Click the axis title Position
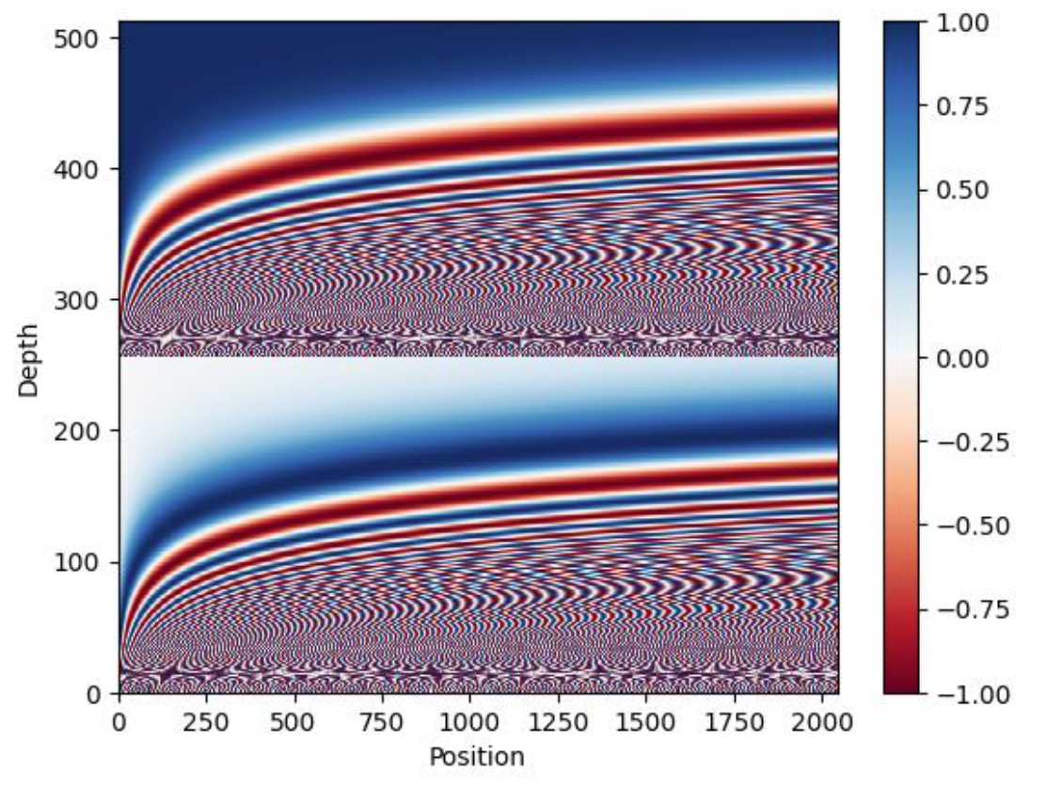477,756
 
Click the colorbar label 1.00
963,23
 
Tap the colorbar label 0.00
963,358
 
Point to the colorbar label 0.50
963,191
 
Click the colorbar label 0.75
963,106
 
